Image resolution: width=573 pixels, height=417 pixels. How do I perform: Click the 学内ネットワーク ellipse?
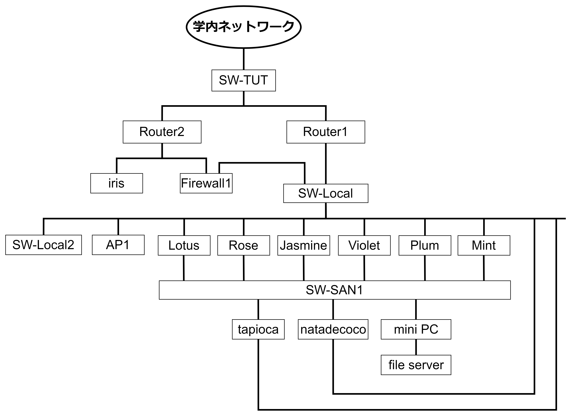[244, 27]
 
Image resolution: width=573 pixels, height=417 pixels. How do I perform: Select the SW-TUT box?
[244, 80]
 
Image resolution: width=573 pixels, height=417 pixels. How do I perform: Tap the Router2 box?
[162, 132]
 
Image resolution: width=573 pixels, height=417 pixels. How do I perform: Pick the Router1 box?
[326, 132]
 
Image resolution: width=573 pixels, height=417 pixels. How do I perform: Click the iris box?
[116, 183]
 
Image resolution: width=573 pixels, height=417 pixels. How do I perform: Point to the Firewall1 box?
[206, 183]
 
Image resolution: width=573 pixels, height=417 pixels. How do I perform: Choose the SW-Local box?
[326, 193]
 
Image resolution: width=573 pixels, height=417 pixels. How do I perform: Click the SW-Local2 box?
[43, 245]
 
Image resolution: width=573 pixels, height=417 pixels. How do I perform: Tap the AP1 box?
[118, 245]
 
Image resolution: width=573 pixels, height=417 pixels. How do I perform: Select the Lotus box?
[184, 245]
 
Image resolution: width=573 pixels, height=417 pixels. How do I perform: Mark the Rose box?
[244, 245]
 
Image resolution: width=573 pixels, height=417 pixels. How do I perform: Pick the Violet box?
[364, 245]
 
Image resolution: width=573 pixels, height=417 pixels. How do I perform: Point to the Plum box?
[425, 245]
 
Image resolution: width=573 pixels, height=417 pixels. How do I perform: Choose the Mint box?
[484, 245]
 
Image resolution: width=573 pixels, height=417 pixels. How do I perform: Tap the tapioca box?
[258, 329]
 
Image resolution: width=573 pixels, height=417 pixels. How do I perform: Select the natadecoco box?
[333, 329]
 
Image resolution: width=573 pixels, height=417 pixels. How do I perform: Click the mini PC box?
[416, 329]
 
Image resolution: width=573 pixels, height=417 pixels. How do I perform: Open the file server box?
[416, 365]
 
